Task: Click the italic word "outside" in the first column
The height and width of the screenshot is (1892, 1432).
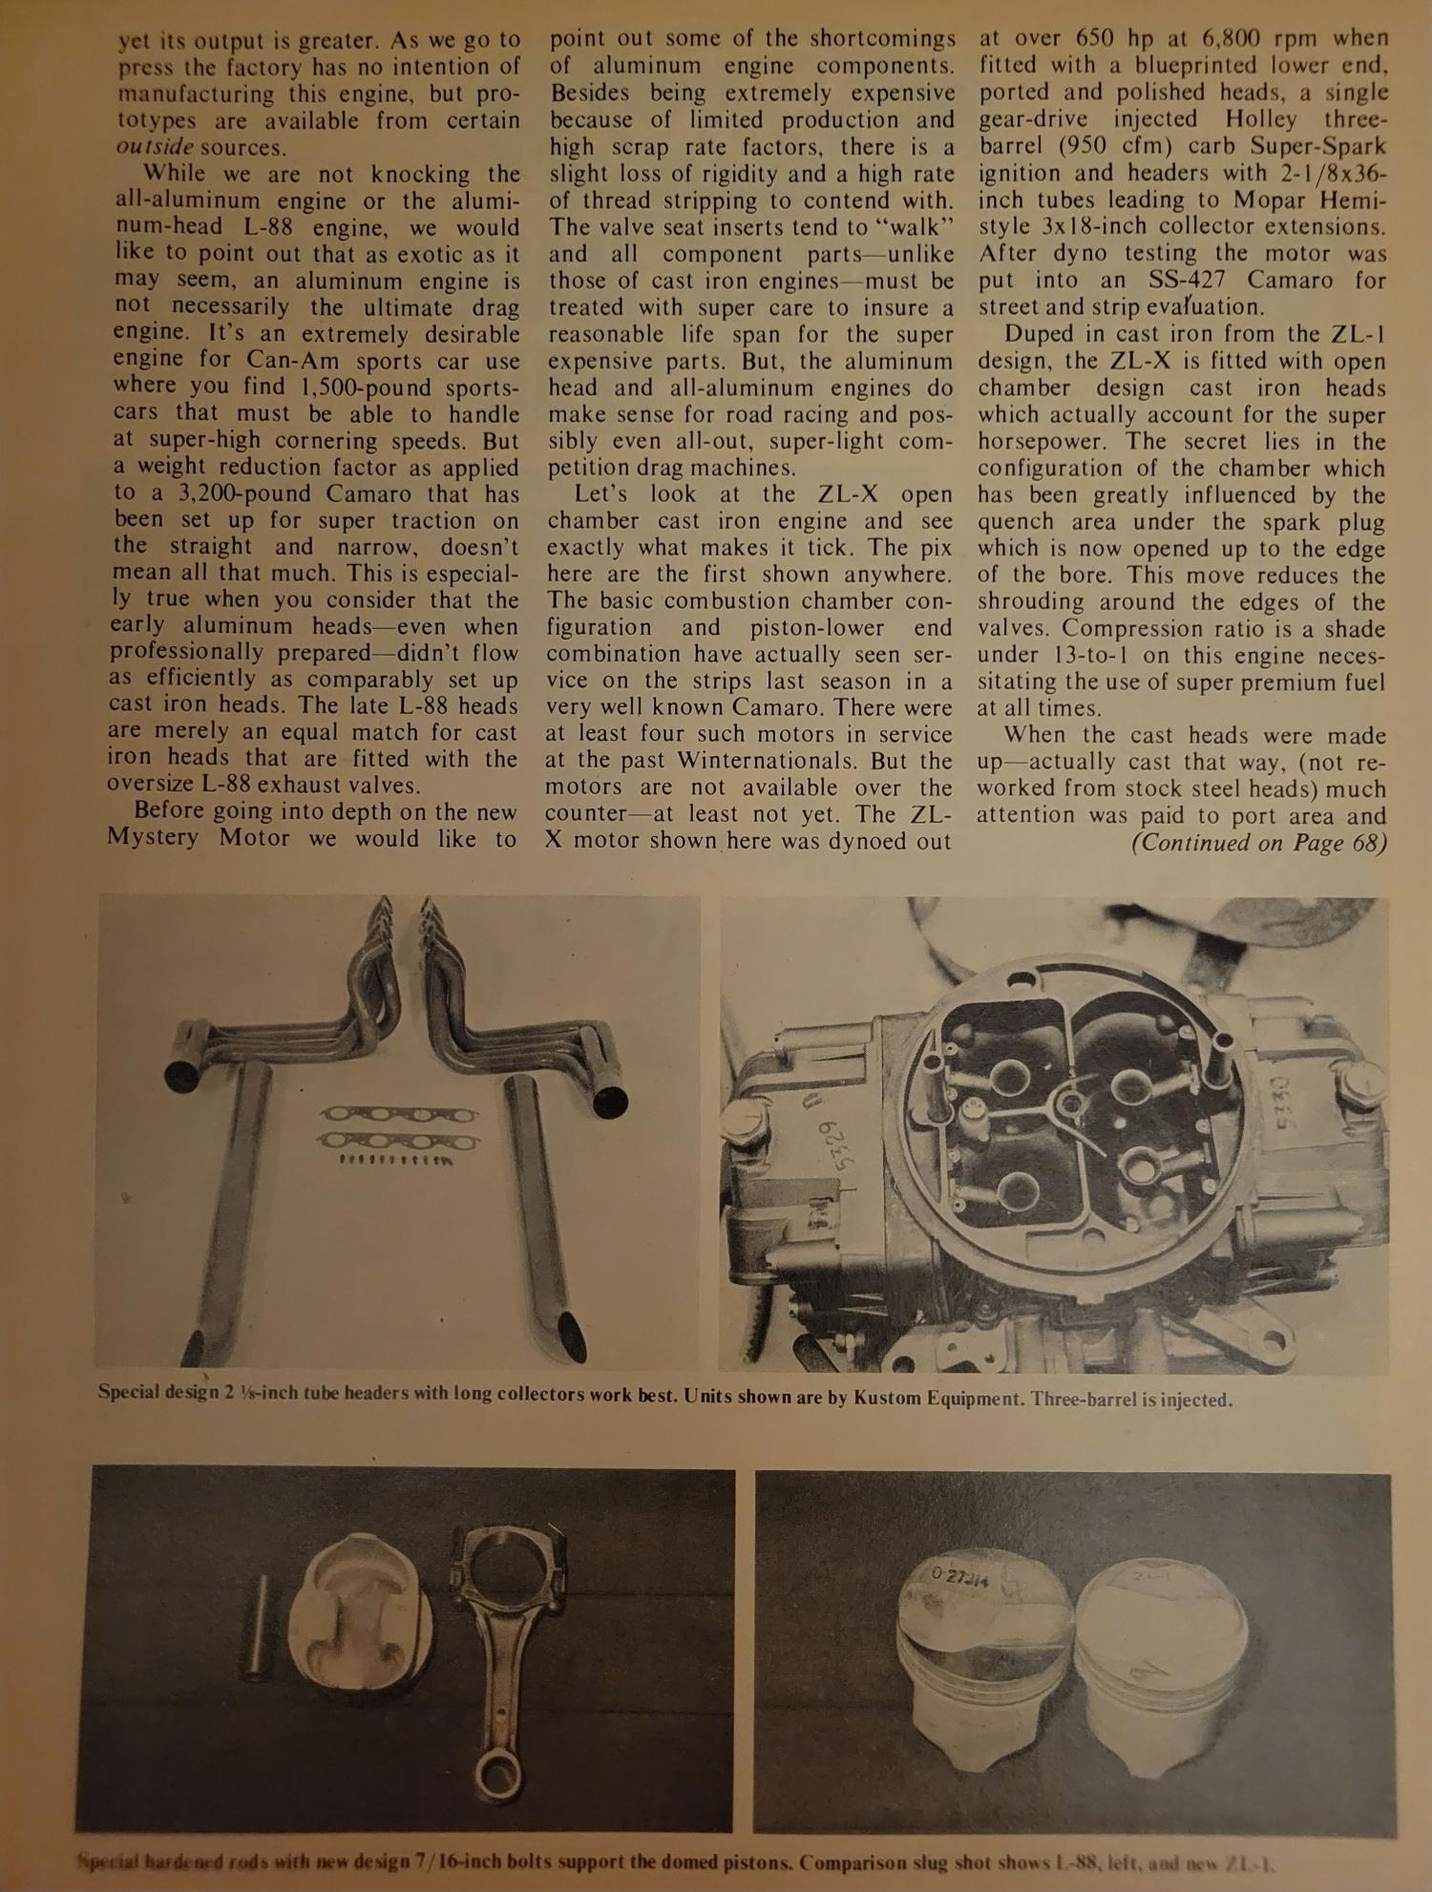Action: tap(155, 148)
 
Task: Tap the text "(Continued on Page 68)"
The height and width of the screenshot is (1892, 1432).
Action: tap(1258, 843)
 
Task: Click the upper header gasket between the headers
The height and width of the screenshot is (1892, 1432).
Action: tap(399, 1114)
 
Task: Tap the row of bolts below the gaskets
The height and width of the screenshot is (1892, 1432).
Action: tap(397, 1160)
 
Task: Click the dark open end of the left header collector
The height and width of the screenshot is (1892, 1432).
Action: tap(180, 1076)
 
